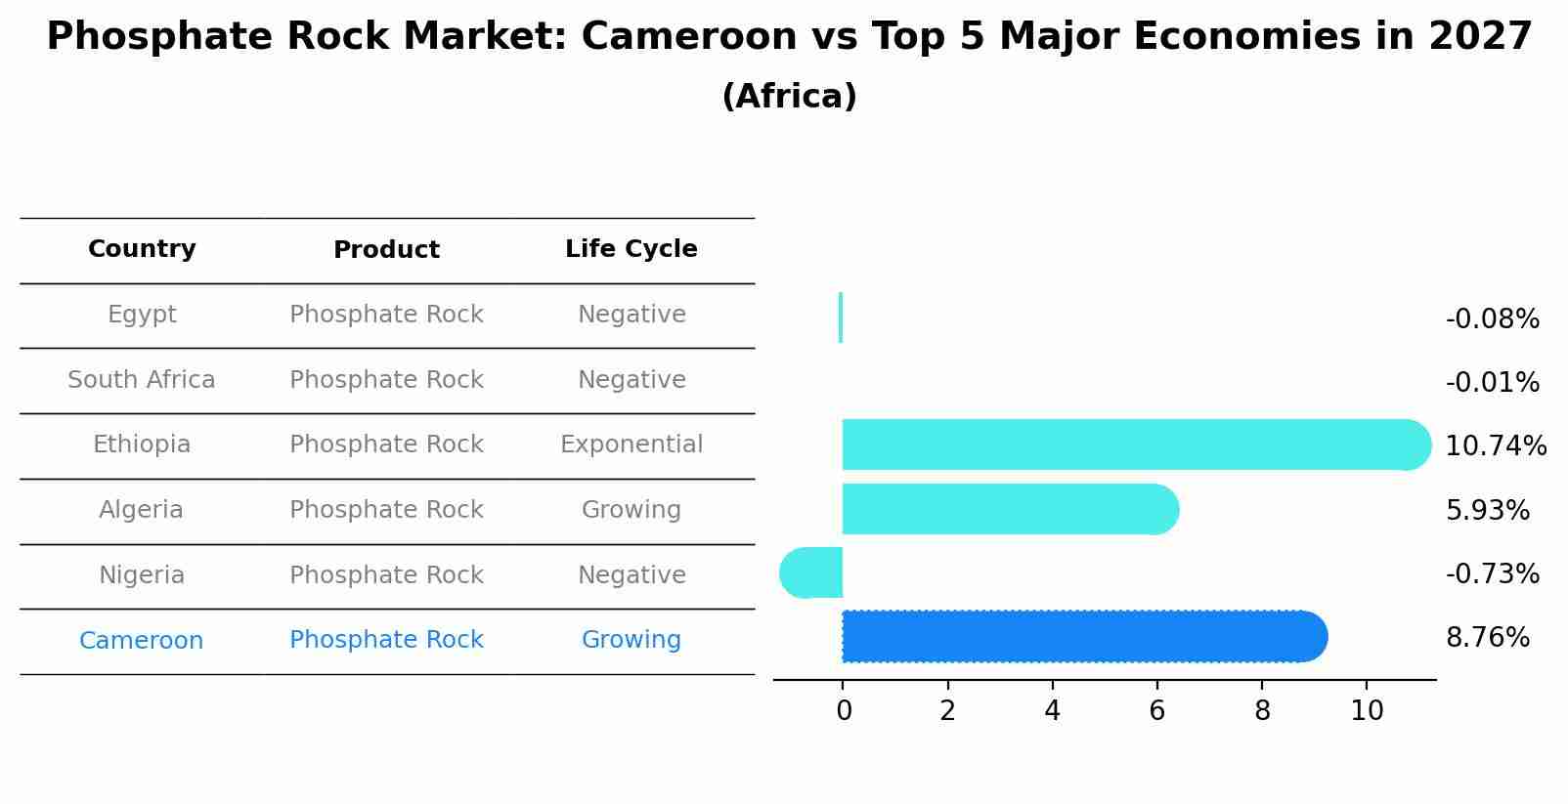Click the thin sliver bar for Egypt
841,317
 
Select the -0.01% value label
1492,383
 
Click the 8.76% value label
1487,638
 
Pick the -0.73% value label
1492,574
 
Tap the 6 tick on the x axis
1156,711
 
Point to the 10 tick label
1367,711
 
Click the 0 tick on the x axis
844,711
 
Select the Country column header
142,249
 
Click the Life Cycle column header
632,249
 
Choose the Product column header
386,250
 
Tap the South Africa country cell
142,380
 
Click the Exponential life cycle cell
632,444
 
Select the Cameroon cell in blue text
142,641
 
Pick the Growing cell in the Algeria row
632,510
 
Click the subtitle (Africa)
789,97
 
